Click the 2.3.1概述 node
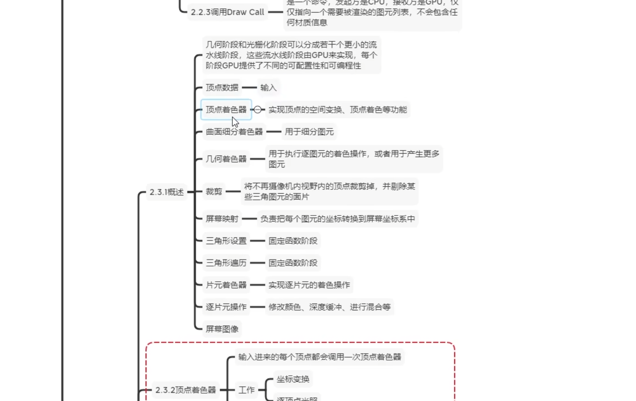pyautogui.click(x=167, y=192)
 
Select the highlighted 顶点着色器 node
pyautogui.click(x=226, y=110)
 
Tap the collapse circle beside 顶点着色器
pyautogui.click(x=258, y=110)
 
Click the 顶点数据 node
pyautogui.click(x=222, y=88)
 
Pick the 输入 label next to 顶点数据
pyautogui.click(x=268, y=88)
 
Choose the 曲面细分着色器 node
pyautogui.click(x=234, y=132)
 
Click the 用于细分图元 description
pyautogui.click(x=309, y=132)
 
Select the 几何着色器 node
pyautogui.click(x=226, y=159)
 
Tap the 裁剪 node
pyautogui.click(x=214, y=192)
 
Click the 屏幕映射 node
pyautogui.click(x=222, y=219)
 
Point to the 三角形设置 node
pyautogui.click(x=226, y=241)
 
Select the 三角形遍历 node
pyautogui.click(x=226, y=263)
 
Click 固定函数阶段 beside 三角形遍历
pyautogui.click(x=293, y=263)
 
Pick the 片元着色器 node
pyautogui.click(x=226, y=285)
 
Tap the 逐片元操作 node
pyautogui.click(x=226, y=307)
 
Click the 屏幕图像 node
pyautogui.click(x=222, y=329)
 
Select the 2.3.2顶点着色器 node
pyautogui.click(x=186, y=390)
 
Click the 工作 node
pyautogui.click(x=246, y=390)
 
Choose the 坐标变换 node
pyautogui.click(x=293, y=379)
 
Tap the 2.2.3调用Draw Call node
pyautogui.click(x=227, y=12)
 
